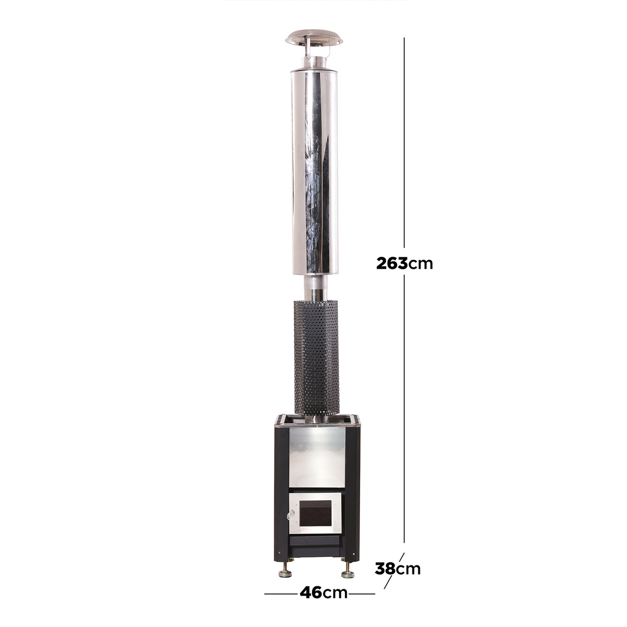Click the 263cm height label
[405, 264]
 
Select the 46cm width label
[323, 593]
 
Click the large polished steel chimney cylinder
[314, 172]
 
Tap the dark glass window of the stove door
[315, 514]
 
